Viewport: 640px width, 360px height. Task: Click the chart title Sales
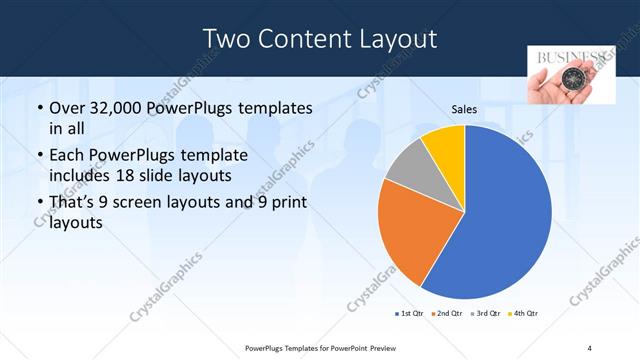pos(464,110)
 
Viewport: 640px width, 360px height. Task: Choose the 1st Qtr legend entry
pos(410,314)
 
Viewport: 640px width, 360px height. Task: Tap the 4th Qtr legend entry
pos(525,314)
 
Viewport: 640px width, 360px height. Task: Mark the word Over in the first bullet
pos(67,107)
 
